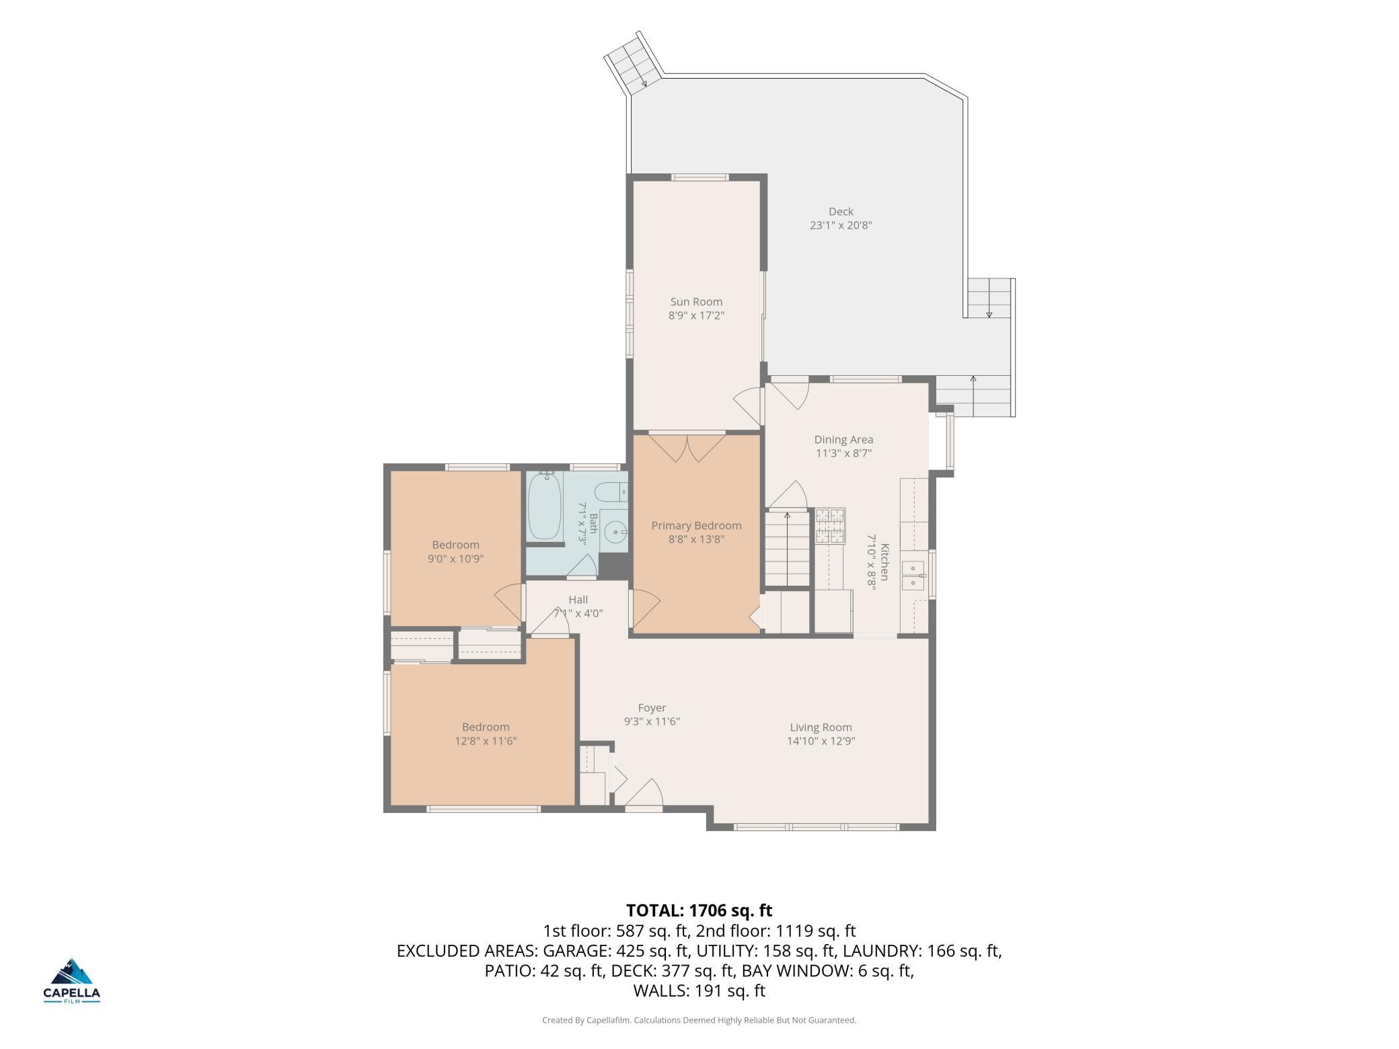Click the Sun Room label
[x=696, y=302]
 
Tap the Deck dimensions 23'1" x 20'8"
[x=841, y=225]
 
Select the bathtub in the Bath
[x=545, y=506]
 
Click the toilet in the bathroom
[x=612, y=493]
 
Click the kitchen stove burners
[x=830, y=526]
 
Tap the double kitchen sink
[x=914, y=576]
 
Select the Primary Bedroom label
[x=696, y=526]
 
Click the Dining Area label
[x=843, y=440]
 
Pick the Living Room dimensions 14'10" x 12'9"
[x=821, y=741]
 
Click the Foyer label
[x=652, y=707]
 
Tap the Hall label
[x=578, y=600]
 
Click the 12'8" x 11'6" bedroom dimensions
[x=486, y=741]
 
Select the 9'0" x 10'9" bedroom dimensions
[x=456, y=559]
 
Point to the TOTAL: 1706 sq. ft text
[x=699, y=910]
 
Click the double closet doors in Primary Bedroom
[x=687, y=448]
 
